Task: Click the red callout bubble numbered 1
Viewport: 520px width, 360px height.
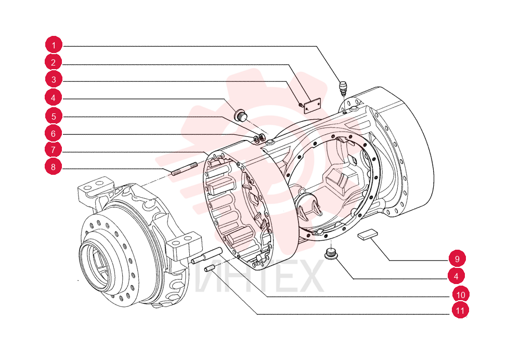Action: tap(54, 45)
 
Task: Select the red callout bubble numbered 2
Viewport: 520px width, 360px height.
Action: tap(54, 62)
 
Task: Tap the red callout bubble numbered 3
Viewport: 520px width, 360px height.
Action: tap(54, 80)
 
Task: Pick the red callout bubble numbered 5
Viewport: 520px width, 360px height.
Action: tap(54, 116)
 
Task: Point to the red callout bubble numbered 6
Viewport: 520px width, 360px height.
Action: tap(54, 133)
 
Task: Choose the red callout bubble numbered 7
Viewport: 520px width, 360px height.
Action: tap(54, 150)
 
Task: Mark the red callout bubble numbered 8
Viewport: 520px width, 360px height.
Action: tap(54, 166)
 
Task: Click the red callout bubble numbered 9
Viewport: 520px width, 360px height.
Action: tap(457, 259)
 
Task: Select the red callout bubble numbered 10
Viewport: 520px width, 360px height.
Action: tap(461, 294)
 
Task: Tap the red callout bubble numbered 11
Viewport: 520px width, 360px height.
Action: tap(460, 311)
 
